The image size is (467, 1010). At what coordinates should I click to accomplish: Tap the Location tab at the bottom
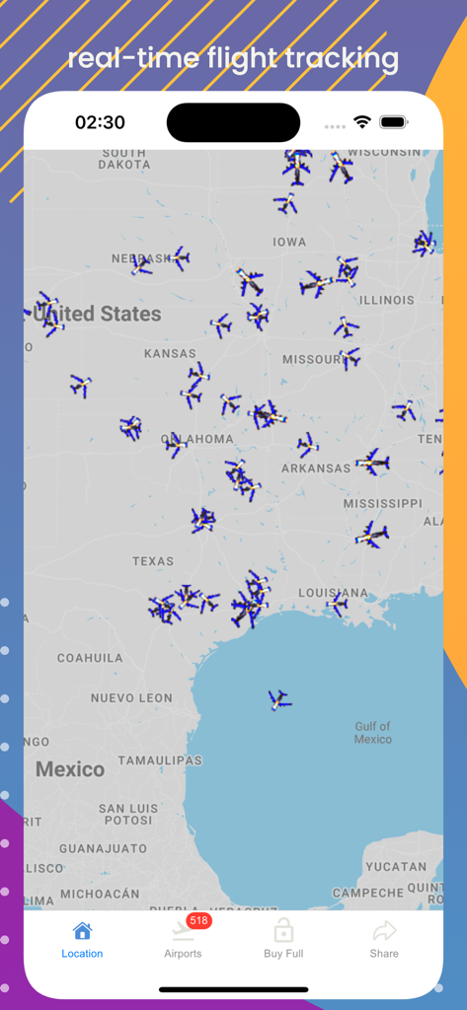[x=82, y=939]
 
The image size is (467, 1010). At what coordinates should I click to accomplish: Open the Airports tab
[x=183, y=939]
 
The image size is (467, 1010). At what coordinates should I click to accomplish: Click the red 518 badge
[x=199, y=920]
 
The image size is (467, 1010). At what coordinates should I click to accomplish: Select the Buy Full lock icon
[x=283, y=931]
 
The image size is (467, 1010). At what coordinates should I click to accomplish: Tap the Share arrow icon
[x=384, y=931]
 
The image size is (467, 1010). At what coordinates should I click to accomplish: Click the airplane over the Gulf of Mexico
[x=279, y=700]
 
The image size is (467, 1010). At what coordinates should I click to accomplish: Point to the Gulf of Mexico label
[x=373, y=733]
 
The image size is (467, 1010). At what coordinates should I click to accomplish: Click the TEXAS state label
[x=153, y=561]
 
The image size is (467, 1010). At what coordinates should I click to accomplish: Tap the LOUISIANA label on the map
[x=334, y=593]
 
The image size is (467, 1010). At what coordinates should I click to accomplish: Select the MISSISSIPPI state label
[x=383, y=504]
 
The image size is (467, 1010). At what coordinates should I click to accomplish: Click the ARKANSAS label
[x=316, y=468]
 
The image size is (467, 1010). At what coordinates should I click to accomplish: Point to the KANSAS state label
[x=170, y=353]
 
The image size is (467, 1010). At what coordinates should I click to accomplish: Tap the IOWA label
[x=289, y=242]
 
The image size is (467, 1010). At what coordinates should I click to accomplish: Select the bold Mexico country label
[x=70, y=769]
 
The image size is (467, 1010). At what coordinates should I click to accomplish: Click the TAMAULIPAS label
[x=160, y=760]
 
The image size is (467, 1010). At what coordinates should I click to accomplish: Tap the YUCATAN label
[x=396, y=867]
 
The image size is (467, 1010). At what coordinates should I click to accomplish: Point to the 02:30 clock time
[x=100, y=122]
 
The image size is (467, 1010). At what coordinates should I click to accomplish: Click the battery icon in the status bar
[x=393, y=122]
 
